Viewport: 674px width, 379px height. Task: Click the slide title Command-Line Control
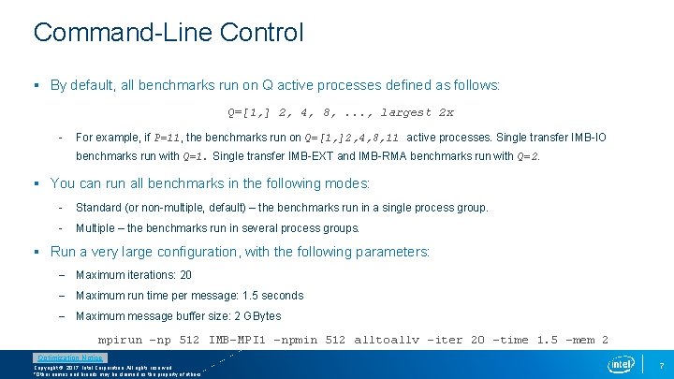pos(168,33)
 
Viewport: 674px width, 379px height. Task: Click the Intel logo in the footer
pos(621,363)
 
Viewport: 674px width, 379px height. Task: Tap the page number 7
pos(661,364)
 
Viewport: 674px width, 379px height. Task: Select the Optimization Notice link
pos(70,357)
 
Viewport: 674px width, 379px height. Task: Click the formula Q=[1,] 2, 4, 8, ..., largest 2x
pos(341,112)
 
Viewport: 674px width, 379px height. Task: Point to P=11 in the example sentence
pos(168,138)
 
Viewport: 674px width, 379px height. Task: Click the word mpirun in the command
pos(121,340)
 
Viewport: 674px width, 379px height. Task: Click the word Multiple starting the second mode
pos(96,228)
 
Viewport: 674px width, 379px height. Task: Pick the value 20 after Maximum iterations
pos(185,275)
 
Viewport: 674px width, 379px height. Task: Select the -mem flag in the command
pos(585,340)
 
